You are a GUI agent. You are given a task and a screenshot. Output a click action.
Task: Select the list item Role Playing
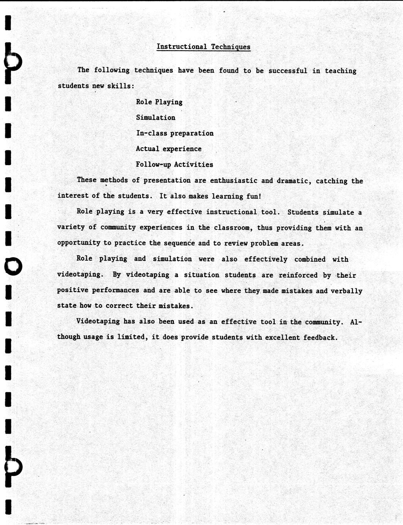tap(159, 102)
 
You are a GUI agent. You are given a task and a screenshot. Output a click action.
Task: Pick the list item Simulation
tap(156, 118)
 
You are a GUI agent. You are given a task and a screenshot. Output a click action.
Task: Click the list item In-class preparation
tap(175, 133)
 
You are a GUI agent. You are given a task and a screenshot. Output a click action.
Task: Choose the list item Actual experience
tap(169, 149)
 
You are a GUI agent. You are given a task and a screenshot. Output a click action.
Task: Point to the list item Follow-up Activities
tap(174, 164)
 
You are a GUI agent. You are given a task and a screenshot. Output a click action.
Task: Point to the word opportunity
tap(79, 243)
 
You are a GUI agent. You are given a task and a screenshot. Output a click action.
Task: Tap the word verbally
tap(346, 291)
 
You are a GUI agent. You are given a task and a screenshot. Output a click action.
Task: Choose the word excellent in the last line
tap(282, 337)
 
